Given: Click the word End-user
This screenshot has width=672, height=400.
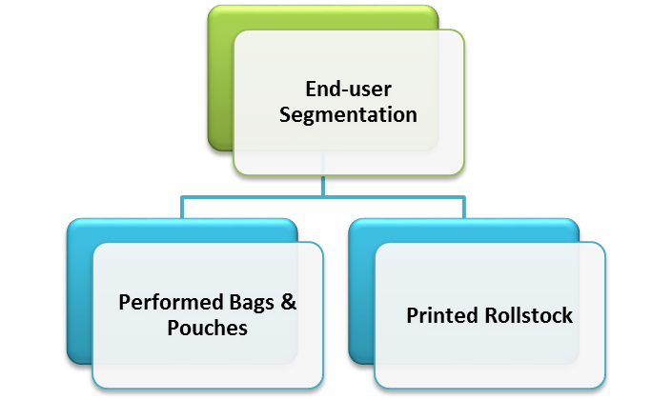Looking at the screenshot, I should tap(348, 90).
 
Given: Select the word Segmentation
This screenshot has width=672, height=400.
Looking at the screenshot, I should tap(348, 115).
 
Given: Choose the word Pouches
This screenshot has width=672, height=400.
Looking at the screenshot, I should tap(207, 328).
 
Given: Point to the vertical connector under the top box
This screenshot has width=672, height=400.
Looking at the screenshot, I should tap(324, 186).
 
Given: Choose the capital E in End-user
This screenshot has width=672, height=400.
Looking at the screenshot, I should tap(311, 90).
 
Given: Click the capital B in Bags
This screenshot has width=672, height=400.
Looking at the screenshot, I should tap(226, 303).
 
